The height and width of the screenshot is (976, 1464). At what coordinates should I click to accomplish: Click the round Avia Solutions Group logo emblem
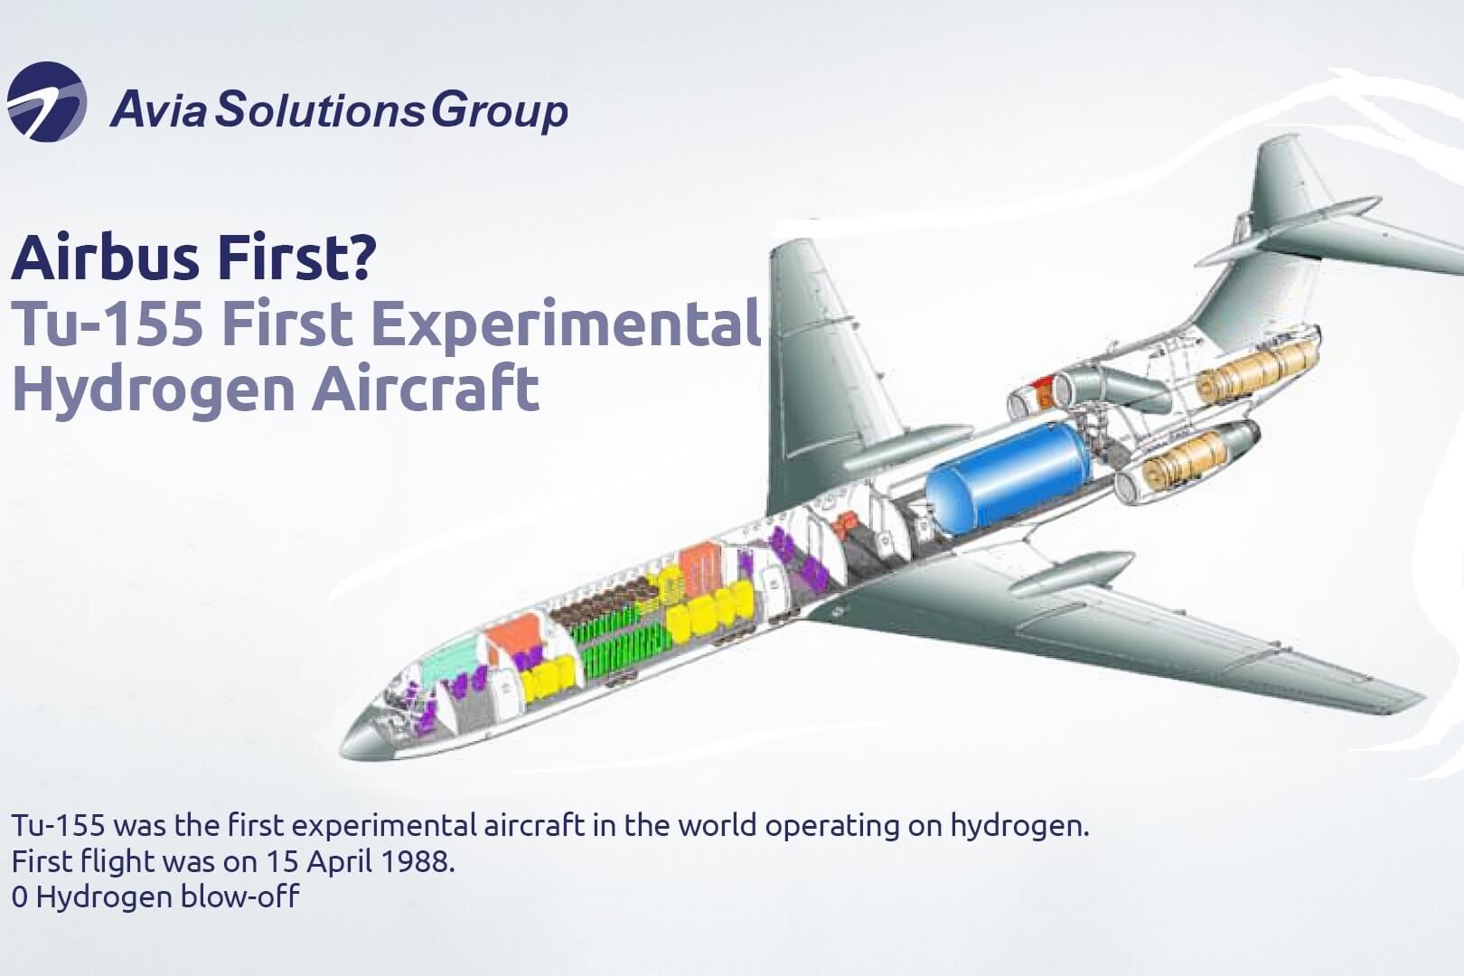point(47,102)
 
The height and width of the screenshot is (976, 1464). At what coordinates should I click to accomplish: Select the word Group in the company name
point(499,111)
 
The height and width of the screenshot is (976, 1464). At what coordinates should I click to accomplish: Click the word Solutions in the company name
point(320,110)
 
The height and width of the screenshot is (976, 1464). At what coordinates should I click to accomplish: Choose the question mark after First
point(361,257)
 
